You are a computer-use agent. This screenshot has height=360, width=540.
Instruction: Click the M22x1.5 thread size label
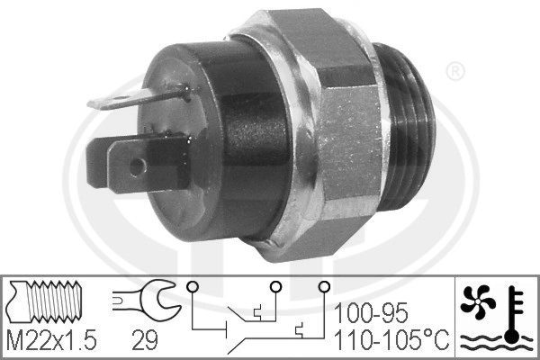point(51,340)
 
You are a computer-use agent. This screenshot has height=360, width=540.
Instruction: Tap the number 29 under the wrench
point(145,340)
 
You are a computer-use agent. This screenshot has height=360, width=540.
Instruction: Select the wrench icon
point(147,299)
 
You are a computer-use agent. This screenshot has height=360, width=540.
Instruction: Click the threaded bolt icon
point(46,301)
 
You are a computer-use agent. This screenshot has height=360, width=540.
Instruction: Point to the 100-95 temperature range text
point(371,313)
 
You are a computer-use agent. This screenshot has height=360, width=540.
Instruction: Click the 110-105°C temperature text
point(391,339)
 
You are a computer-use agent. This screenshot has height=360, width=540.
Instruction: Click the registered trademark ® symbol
point(455,72)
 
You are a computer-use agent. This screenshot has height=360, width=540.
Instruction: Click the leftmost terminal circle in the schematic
point(193,286)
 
